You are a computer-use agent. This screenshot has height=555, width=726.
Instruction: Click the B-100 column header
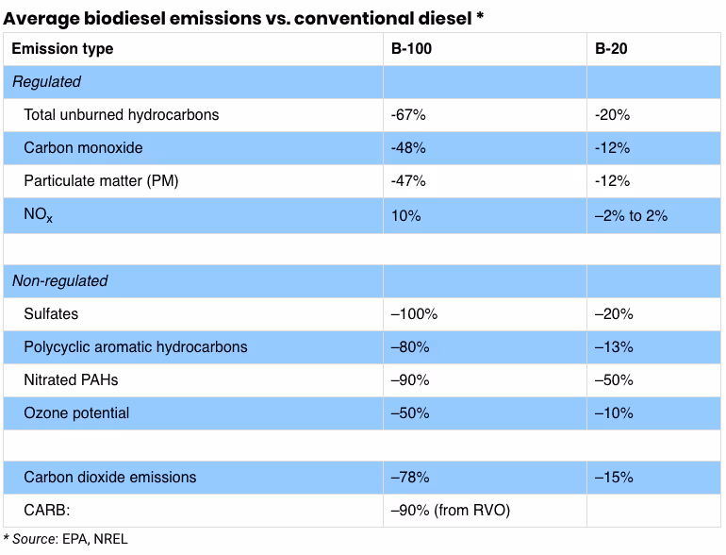pos(411,49)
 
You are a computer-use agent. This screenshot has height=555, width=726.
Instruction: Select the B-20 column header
pos(612,49)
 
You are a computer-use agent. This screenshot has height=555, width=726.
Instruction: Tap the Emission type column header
pos(62,49)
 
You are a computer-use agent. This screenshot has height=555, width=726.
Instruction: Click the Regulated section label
pos(46,82)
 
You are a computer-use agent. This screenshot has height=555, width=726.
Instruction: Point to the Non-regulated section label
pos(59,280)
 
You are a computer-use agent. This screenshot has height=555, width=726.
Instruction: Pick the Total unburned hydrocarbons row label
pos(122,115)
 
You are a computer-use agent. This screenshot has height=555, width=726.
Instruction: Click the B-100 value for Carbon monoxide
pos(408,148)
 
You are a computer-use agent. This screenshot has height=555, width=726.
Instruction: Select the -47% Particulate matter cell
pos(408,181)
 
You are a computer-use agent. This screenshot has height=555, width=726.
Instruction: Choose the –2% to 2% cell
pos(631,215)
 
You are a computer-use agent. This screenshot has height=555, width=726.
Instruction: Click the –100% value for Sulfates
pos(414,313)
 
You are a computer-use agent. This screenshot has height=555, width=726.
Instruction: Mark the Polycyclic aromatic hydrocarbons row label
pos(136,346)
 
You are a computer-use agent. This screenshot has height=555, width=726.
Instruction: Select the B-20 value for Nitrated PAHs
pos(614,379)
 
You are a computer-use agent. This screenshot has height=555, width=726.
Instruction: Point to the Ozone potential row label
pos(77,412)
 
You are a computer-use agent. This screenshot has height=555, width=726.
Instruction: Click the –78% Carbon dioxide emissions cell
pos(410,478)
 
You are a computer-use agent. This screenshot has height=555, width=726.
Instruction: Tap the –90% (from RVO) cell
pos(450,511)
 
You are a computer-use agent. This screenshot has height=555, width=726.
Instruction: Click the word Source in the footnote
pos(34,540)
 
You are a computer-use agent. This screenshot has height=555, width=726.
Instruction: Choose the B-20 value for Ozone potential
pos(614,412)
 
